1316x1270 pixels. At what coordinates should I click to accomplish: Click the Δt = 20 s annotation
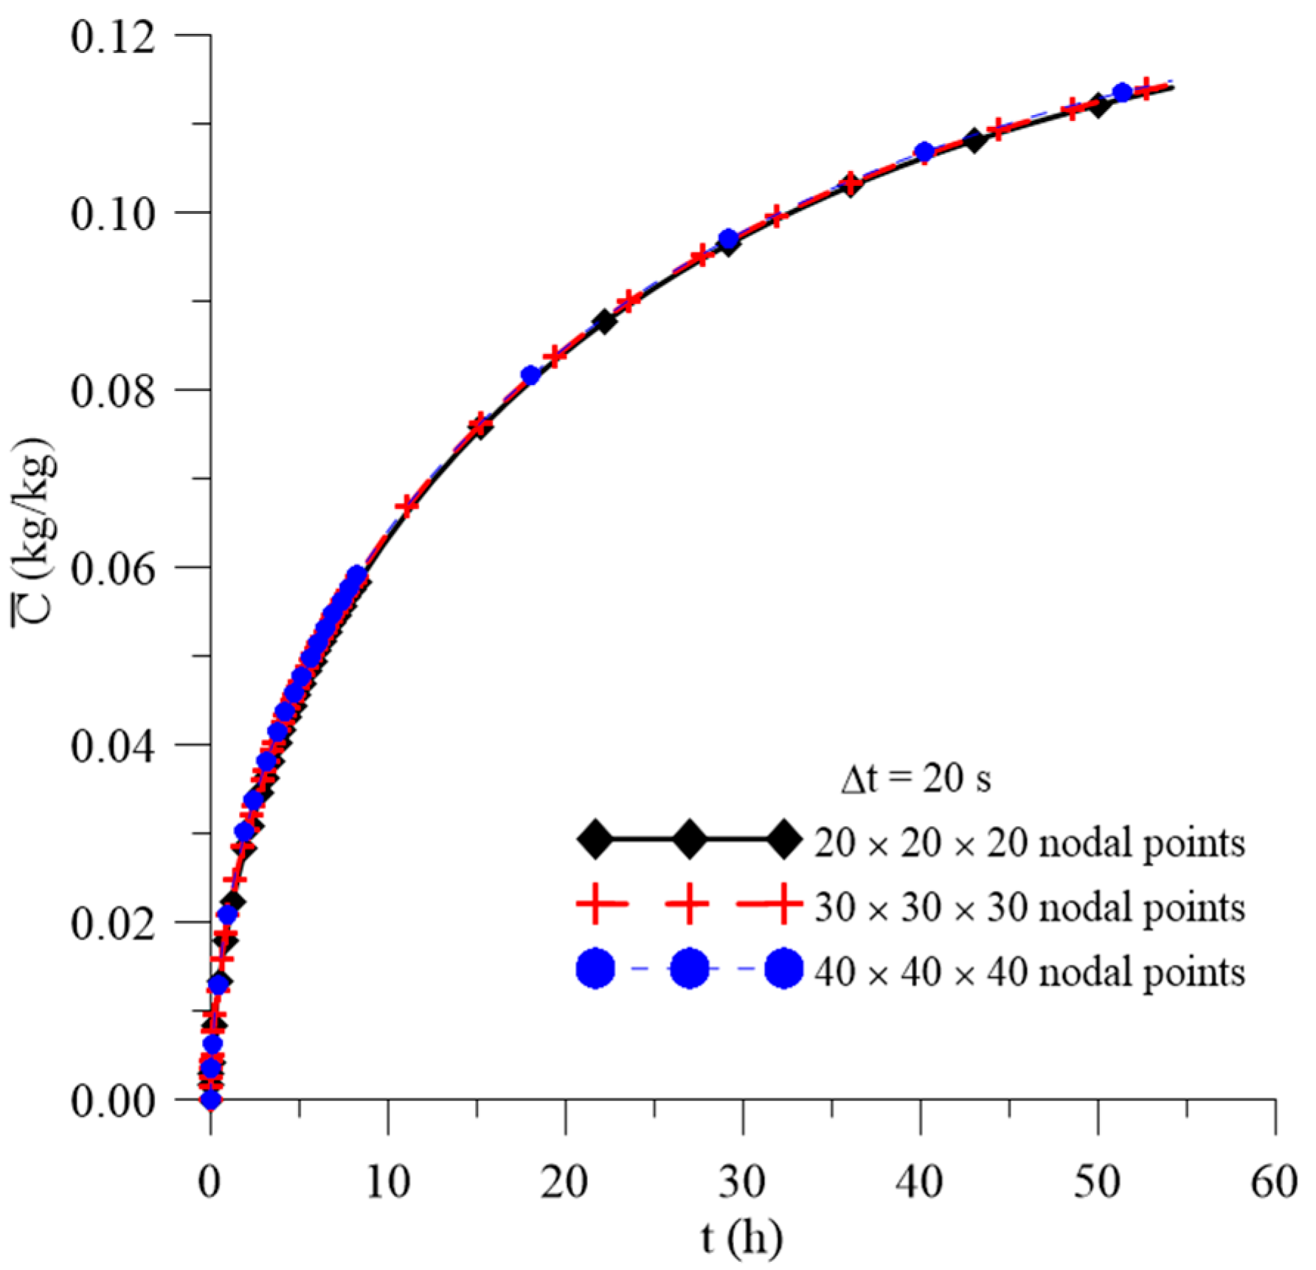tap(915, 779)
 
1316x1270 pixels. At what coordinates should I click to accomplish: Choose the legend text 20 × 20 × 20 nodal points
tap(1030, 842)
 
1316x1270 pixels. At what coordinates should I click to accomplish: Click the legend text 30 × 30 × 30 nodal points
tap(1030, 906)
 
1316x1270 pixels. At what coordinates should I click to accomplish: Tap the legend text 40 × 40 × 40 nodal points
tap(1030, 971)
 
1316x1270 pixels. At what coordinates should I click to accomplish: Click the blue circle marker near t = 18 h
tap(530, 375)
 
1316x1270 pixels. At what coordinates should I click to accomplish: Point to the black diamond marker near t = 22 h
tap(605, 322)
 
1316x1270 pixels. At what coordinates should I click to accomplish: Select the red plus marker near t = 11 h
tap(407, 506)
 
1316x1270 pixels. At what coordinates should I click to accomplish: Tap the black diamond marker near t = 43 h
tap(974, 140)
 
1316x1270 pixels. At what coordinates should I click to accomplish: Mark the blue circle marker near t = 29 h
tap(729, 240)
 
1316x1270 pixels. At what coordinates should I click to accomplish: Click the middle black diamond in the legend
tap(690, 839)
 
